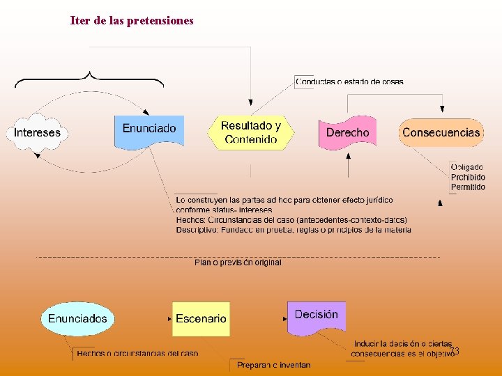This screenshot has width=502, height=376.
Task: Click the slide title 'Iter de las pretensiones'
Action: (x=132, y=21)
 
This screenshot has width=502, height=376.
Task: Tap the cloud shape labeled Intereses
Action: (x=38, y=132)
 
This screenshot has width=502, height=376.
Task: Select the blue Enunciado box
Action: (x=149, y=130)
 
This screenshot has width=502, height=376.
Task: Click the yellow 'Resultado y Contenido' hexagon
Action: (x=250, y=132)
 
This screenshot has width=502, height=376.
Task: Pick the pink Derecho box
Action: (x=347, y=132)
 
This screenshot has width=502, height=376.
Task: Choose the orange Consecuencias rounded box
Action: (x=441, y=132)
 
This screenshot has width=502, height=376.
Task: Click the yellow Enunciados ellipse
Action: (x=77, y=319)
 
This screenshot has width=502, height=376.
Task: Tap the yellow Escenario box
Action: (x=201, y=319)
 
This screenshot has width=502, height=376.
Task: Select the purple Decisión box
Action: (x=317, y=316)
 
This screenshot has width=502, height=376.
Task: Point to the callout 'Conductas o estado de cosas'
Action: (x=349, y=81)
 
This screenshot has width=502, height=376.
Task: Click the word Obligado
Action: (x=467, y=167)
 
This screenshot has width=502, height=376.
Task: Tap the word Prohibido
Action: (x=468, y=177)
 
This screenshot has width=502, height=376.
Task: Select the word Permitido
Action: (x=468, y=187)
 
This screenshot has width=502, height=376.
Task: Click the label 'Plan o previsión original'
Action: (x=238, y=263)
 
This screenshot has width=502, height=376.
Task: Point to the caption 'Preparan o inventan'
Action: (x=273, y=365)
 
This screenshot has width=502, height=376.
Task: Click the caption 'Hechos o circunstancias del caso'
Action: (x=137, y=354)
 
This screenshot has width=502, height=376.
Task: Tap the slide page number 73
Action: (x=454, y=351)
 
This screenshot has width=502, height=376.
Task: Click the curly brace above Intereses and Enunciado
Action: (x=89, y=77)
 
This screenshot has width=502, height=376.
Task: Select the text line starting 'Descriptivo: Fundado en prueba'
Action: (x=294, y=230)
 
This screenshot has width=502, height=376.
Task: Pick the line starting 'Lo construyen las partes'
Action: (x=284, y=201)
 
